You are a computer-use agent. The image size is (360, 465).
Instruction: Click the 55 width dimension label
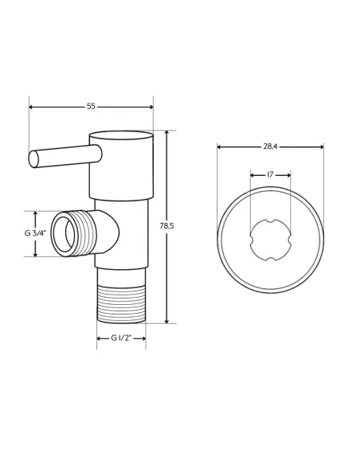point(91,107)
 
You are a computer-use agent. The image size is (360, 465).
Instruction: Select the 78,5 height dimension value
point(166,226)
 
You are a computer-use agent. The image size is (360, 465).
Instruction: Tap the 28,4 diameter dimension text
point(270,147)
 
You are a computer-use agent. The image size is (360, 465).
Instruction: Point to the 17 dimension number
point(270,174)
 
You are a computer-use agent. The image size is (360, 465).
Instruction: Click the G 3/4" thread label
point(35,233)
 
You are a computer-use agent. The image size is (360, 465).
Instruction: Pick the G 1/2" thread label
point(121,338)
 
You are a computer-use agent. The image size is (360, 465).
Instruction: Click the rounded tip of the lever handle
point(33,159)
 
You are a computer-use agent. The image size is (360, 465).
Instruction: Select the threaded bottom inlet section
point(121,305)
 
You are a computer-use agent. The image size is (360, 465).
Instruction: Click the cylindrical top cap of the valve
point(121,165)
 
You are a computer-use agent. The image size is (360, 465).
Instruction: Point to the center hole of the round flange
point(270,240)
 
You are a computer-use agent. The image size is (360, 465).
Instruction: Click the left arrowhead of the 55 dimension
point(31,107)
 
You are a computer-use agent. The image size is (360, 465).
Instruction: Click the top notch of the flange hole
point(270,221)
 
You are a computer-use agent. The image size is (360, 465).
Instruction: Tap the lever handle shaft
point(68,155)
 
